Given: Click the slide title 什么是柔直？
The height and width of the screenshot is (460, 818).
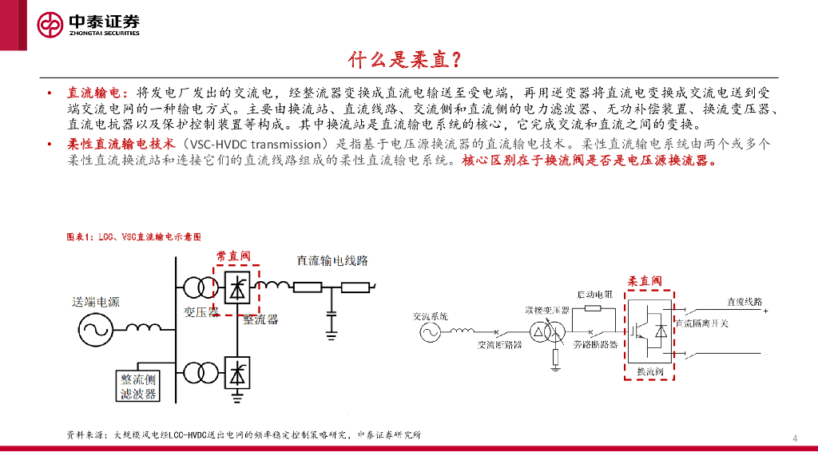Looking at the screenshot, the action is [x=404, y=60].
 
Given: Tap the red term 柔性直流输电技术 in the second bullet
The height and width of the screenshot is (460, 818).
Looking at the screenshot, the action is [x=121, y=144].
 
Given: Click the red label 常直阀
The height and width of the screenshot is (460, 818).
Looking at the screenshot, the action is [x=233, y=257].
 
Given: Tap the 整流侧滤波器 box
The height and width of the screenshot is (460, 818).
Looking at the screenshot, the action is [x=137, y=386].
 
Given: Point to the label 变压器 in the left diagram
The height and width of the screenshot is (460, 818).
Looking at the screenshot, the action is [x=201, y=312].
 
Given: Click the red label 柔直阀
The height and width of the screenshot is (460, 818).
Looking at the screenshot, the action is [x=644, y=281].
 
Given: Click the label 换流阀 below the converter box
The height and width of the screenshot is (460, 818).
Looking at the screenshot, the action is [x=648, y=373].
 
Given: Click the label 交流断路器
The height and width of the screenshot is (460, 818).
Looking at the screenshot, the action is [x=499, y=345].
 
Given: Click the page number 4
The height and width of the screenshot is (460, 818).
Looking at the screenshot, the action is [x=795, y=438].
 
